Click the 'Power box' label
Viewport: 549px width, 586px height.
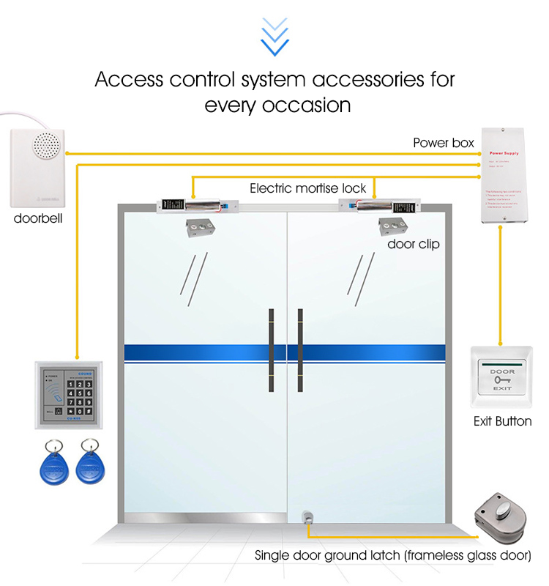(444, 143)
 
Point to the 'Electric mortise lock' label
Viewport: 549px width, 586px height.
(307, 188)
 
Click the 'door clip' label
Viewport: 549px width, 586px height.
(414, 244)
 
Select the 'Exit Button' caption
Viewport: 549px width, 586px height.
(502, 421)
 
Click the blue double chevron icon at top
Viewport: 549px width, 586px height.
(274, 37)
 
